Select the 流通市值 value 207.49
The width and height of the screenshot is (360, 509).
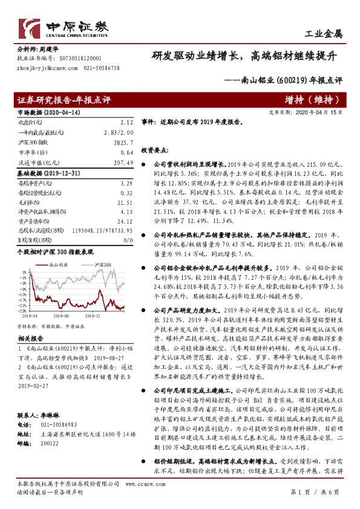pyautogui.click(x=123, y=163)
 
